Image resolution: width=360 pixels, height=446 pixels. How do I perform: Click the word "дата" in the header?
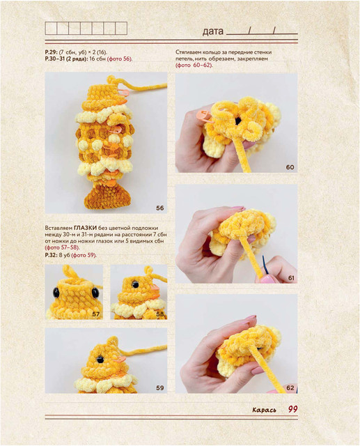213,31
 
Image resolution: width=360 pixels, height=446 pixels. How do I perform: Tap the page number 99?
292,409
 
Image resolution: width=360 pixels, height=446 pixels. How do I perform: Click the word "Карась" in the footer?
264,410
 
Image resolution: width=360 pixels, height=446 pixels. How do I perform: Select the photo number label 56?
160,208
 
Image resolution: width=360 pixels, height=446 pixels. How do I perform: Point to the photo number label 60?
290,167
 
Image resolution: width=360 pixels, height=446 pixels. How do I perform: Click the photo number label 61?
291,278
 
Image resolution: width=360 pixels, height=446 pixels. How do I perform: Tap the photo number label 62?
290,388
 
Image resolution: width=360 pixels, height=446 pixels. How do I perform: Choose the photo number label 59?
160,388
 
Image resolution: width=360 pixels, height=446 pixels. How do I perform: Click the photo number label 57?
96,314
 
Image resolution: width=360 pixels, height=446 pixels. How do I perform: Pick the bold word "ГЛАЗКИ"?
85,228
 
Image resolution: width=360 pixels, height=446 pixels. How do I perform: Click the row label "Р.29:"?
51,52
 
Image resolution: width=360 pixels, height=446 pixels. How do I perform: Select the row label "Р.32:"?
52,255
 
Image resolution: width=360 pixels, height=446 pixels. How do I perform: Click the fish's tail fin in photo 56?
107,196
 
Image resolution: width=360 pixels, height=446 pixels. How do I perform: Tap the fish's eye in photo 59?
100,360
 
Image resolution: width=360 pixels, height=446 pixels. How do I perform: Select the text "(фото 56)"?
120,59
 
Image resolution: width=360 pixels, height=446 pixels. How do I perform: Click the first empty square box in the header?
51,29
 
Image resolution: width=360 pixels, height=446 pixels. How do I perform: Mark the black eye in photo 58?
135,284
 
